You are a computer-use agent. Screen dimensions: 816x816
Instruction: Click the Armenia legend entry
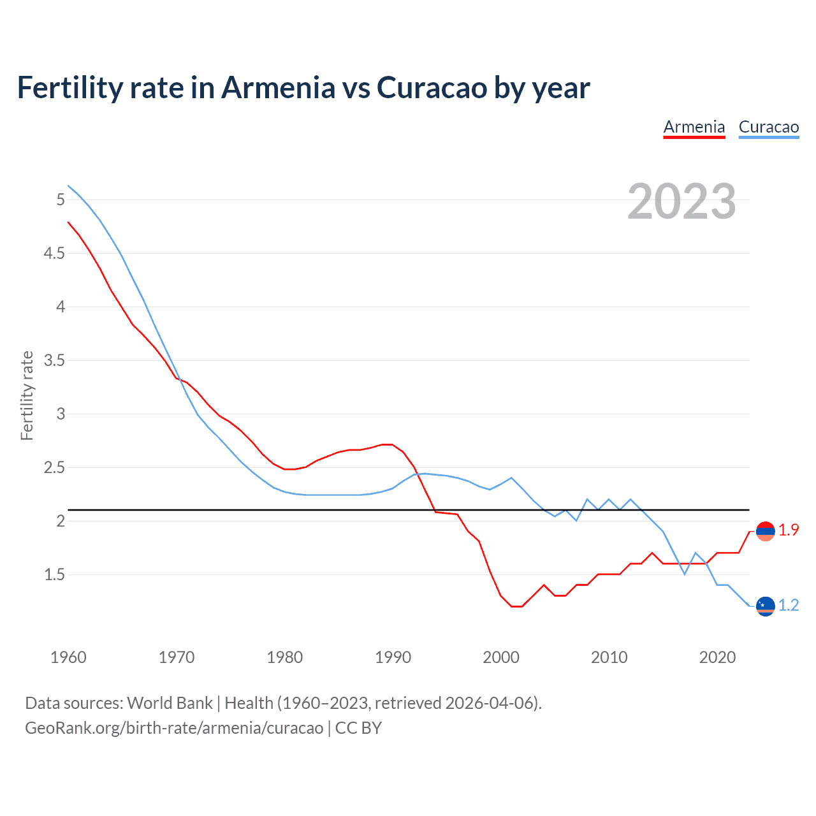click(x=694, y=127)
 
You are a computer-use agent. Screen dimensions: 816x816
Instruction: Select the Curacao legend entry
click(x=769, y=127)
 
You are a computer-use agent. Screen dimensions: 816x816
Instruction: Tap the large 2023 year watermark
click(x=681, y=201)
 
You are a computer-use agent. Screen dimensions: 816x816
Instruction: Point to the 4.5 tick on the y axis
click(x=54, y=254)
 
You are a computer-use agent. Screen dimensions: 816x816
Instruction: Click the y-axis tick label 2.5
click(x=54, y=468)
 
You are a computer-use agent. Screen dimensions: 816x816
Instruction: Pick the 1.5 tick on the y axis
click(x=54, y=575)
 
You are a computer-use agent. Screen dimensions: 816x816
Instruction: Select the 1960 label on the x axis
click(x=68, y=657)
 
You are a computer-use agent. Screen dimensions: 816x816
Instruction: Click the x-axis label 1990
click(x=393, y=657)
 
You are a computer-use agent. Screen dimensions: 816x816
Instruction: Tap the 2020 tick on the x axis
click(x=717, y=657)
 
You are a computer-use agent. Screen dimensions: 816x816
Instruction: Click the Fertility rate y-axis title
click(x=27, y=395)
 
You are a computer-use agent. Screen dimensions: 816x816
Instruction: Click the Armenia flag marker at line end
click(x=765, y=531)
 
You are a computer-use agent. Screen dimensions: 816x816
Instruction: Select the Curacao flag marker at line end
click(x=765, y=606)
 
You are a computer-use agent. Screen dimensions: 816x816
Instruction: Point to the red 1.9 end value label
click(x=789, y=530)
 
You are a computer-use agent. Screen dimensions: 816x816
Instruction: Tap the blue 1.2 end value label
click(x=789, y=606)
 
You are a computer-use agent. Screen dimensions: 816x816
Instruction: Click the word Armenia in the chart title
click(x=277, y=87)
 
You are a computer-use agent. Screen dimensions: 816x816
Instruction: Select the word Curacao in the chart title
click(x=432, y=87)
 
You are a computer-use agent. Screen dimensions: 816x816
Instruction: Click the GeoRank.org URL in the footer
click(x=174, y=728)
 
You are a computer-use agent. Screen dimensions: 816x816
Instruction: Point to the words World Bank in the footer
click(x=170, y=703)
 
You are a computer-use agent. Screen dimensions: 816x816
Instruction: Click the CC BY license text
click(x=358, y=728)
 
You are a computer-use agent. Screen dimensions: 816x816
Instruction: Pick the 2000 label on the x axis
click(x=501, y=657)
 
